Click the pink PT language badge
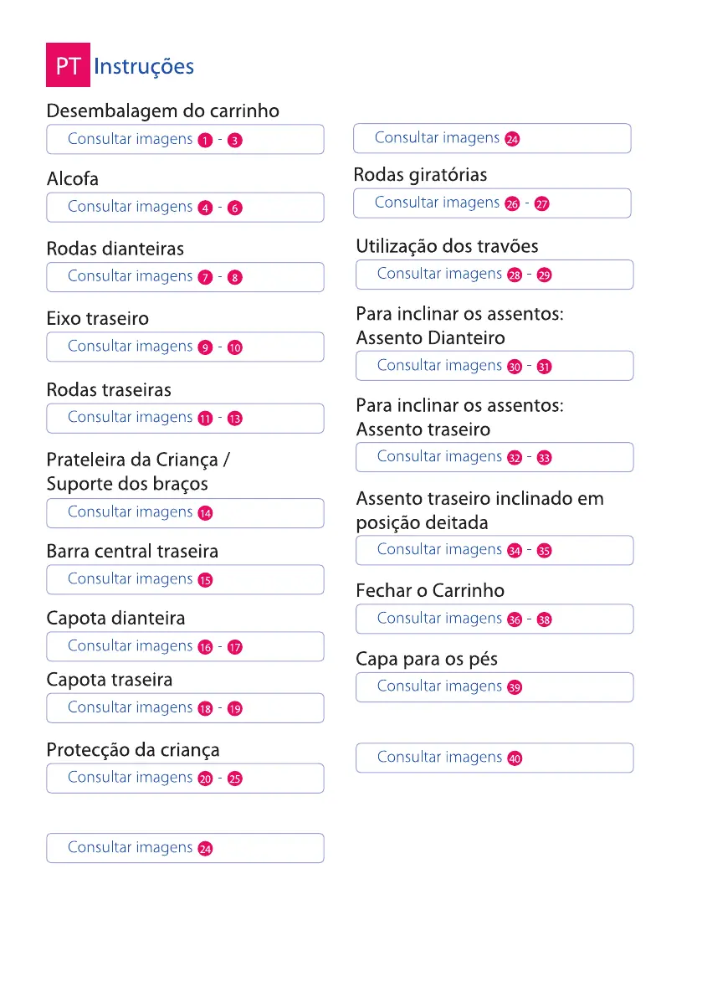(x=67, y=66)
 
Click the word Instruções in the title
(x=144, y=66)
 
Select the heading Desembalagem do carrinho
(x=162, y=111)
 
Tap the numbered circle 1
(x=205, y=141)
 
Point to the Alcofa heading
(x=72, y=179)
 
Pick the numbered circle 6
(x=235, y=208)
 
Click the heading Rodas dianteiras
(x=115, y=249)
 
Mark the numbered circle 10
(x=235, y=347)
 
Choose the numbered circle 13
(x=235, y=419)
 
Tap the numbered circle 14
(x=205, y=513)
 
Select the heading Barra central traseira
(x=132, y=552)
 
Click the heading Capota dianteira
(x=115, y=619)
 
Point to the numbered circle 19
(x=235, y=709)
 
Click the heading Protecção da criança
(x=132, y=750)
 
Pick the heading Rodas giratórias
(x=420, y=175)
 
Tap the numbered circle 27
(x=542, y=204)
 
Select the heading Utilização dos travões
(x=447, y=246)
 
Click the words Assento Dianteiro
(x=430, y=338)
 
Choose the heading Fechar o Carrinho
(x=430, y=590)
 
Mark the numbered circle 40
(x=515, y=758)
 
